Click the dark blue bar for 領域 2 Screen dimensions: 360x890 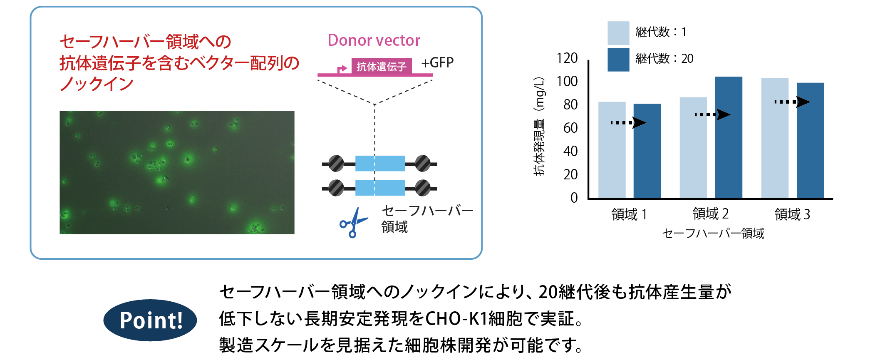coord(728,137)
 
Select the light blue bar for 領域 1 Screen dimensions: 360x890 coord(612,150)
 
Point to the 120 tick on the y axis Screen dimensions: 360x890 coord(567,58)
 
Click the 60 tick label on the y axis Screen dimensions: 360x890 coord(570,128)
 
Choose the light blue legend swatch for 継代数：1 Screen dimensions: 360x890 coord(618,33)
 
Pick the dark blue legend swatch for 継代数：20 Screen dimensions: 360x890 coord(618,60)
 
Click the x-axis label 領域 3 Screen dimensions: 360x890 coord(792,214)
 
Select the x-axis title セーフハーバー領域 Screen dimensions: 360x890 coord(713,233)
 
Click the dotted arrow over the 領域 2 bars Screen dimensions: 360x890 coord(712,114)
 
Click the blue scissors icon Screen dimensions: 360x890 coord(353,223)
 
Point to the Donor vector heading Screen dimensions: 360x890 coord(374,40)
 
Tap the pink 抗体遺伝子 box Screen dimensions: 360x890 coord(381,67)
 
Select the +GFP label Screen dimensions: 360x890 coord(437,63)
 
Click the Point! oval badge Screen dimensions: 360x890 coord(150,320)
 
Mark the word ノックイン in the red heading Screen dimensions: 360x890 coord(97,84)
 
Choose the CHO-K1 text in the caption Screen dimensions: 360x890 coord(456,319)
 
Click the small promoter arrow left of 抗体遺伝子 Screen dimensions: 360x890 coord(342,69)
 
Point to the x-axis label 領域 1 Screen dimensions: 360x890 coord(629,214)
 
